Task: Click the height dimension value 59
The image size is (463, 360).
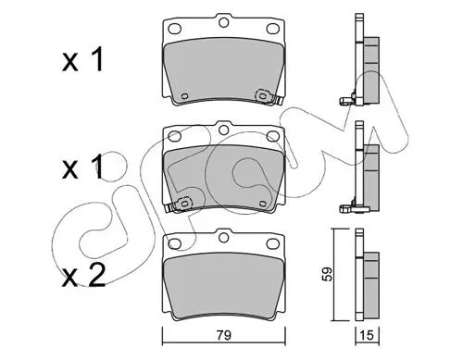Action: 327,274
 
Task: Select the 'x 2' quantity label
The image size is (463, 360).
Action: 84,276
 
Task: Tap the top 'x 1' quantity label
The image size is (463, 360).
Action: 82,61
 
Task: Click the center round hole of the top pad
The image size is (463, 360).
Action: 223,23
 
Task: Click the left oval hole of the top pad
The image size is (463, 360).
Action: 175,29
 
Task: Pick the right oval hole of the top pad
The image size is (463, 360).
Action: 272,29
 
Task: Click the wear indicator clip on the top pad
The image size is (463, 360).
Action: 268,97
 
